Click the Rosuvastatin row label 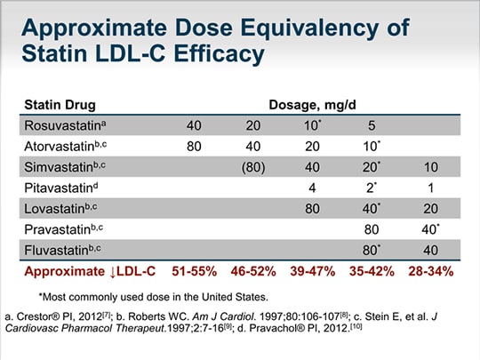pos(65,125)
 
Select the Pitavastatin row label pos(61,188)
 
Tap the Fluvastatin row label pos(62,250)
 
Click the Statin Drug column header pos(60,105)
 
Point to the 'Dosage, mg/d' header pos(312,105)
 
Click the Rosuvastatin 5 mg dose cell pos(372,125)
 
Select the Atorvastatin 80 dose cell pos(194,147)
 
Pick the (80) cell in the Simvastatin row pos(253,167)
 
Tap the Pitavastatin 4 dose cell pos(312,188)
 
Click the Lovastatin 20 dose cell pos(430,209)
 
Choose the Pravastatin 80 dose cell pos(372,229)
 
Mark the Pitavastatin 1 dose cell pos(431,188)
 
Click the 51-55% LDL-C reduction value pos(195,271)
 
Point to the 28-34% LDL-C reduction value pos(431,271)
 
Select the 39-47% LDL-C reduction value pos(313,271)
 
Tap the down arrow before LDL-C pos(113,272)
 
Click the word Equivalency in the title pos(309,28)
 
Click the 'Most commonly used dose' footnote pos(154,297)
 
